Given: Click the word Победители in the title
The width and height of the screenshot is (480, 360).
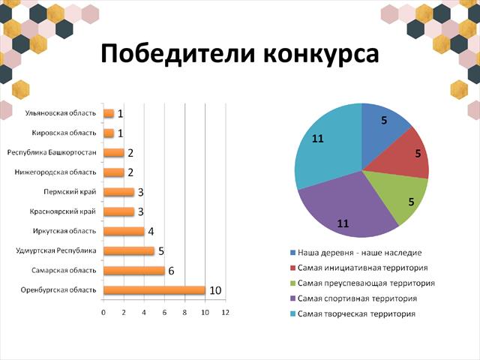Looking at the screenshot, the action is coord(178,54).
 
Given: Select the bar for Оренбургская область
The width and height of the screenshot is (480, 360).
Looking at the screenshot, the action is coord(154,290).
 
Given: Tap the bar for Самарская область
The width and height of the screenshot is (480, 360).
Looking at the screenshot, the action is coord(134,271).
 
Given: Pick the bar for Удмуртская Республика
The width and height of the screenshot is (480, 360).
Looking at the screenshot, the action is coord(129,251).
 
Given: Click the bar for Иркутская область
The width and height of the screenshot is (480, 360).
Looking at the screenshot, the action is coord(124,232).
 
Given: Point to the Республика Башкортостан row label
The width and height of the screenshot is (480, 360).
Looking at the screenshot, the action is coord(52,152).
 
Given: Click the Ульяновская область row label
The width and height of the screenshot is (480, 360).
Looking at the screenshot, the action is coord(61,113).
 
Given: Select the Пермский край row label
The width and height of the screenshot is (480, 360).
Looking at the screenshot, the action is coord(70,192).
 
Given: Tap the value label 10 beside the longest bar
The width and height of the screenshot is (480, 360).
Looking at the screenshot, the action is coord(215,290).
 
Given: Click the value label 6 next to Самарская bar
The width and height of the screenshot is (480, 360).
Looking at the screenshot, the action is coord(171,271).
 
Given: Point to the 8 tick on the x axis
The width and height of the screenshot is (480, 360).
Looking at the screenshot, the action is coord(184,313).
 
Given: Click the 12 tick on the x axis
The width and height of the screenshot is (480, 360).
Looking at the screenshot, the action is coord(225,313).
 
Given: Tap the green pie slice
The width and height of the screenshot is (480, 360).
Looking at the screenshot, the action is coord(404,196).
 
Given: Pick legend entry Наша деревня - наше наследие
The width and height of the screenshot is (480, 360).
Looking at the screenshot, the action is coord(355,253).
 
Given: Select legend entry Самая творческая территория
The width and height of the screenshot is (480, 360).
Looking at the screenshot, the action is coord(352,313).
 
